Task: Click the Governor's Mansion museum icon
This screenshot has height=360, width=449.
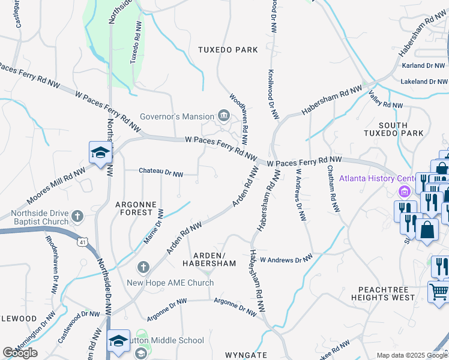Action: [224, 116]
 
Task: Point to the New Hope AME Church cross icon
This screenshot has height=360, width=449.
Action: [143, 266]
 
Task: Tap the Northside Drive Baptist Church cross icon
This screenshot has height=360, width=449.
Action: [77, 216]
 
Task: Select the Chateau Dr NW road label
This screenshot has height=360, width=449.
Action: [161, 172]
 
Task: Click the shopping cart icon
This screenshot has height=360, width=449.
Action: [439, 292]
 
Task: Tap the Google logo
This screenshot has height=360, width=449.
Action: [20, 353]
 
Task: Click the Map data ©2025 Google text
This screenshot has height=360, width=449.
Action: [412, 355]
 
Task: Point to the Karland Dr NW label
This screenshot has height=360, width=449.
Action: [423, 65]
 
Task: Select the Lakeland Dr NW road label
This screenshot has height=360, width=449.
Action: [423, 81]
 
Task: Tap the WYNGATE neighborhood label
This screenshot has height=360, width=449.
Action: [246, 355]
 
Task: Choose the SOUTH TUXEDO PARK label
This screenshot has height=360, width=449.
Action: [394, 129]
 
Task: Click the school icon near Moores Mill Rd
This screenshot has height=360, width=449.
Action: [100, 152]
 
